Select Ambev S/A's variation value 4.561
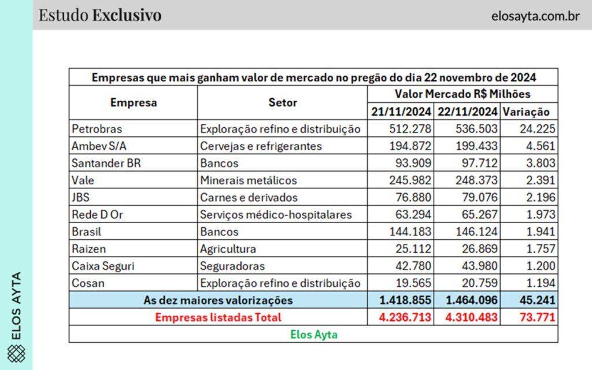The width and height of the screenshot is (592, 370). tap(541, 146)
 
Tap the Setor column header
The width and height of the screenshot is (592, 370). tap(282, 102)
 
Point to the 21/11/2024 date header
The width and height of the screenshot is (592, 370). tap(401, 112)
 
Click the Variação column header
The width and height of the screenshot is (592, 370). tap(526, 112)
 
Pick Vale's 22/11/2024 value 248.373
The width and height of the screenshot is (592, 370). tap(476, 180)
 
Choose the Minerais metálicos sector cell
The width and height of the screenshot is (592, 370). tap(249, 180)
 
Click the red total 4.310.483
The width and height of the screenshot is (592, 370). tap(472, 317)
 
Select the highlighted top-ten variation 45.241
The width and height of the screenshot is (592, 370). tap(537, 300)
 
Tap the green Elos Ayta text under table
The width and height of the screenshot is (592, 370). tap(314, 335)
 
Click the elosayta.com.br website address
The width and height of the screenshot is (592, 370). tap(535, 16)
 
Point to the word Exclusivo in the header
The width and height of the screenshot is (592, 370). tap(127, 15)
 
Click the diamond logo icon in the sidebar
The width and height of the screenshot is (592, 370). tap(16, 354)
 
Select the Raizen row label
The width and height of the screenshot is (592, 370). tap(88, 249)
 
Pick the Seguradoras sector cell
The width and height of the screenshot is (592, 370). tap(232, 266)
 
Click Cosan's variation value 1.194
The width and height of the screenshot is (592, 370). tap(541, 283)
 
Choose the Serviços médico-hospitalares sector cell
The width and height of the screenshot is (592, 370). tap(276, 214)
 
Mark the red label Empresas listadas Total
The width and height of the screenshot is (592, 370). tap(218, 317)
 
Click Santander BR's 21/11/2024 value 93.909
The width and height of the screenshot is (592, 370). tap(413, 162)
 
